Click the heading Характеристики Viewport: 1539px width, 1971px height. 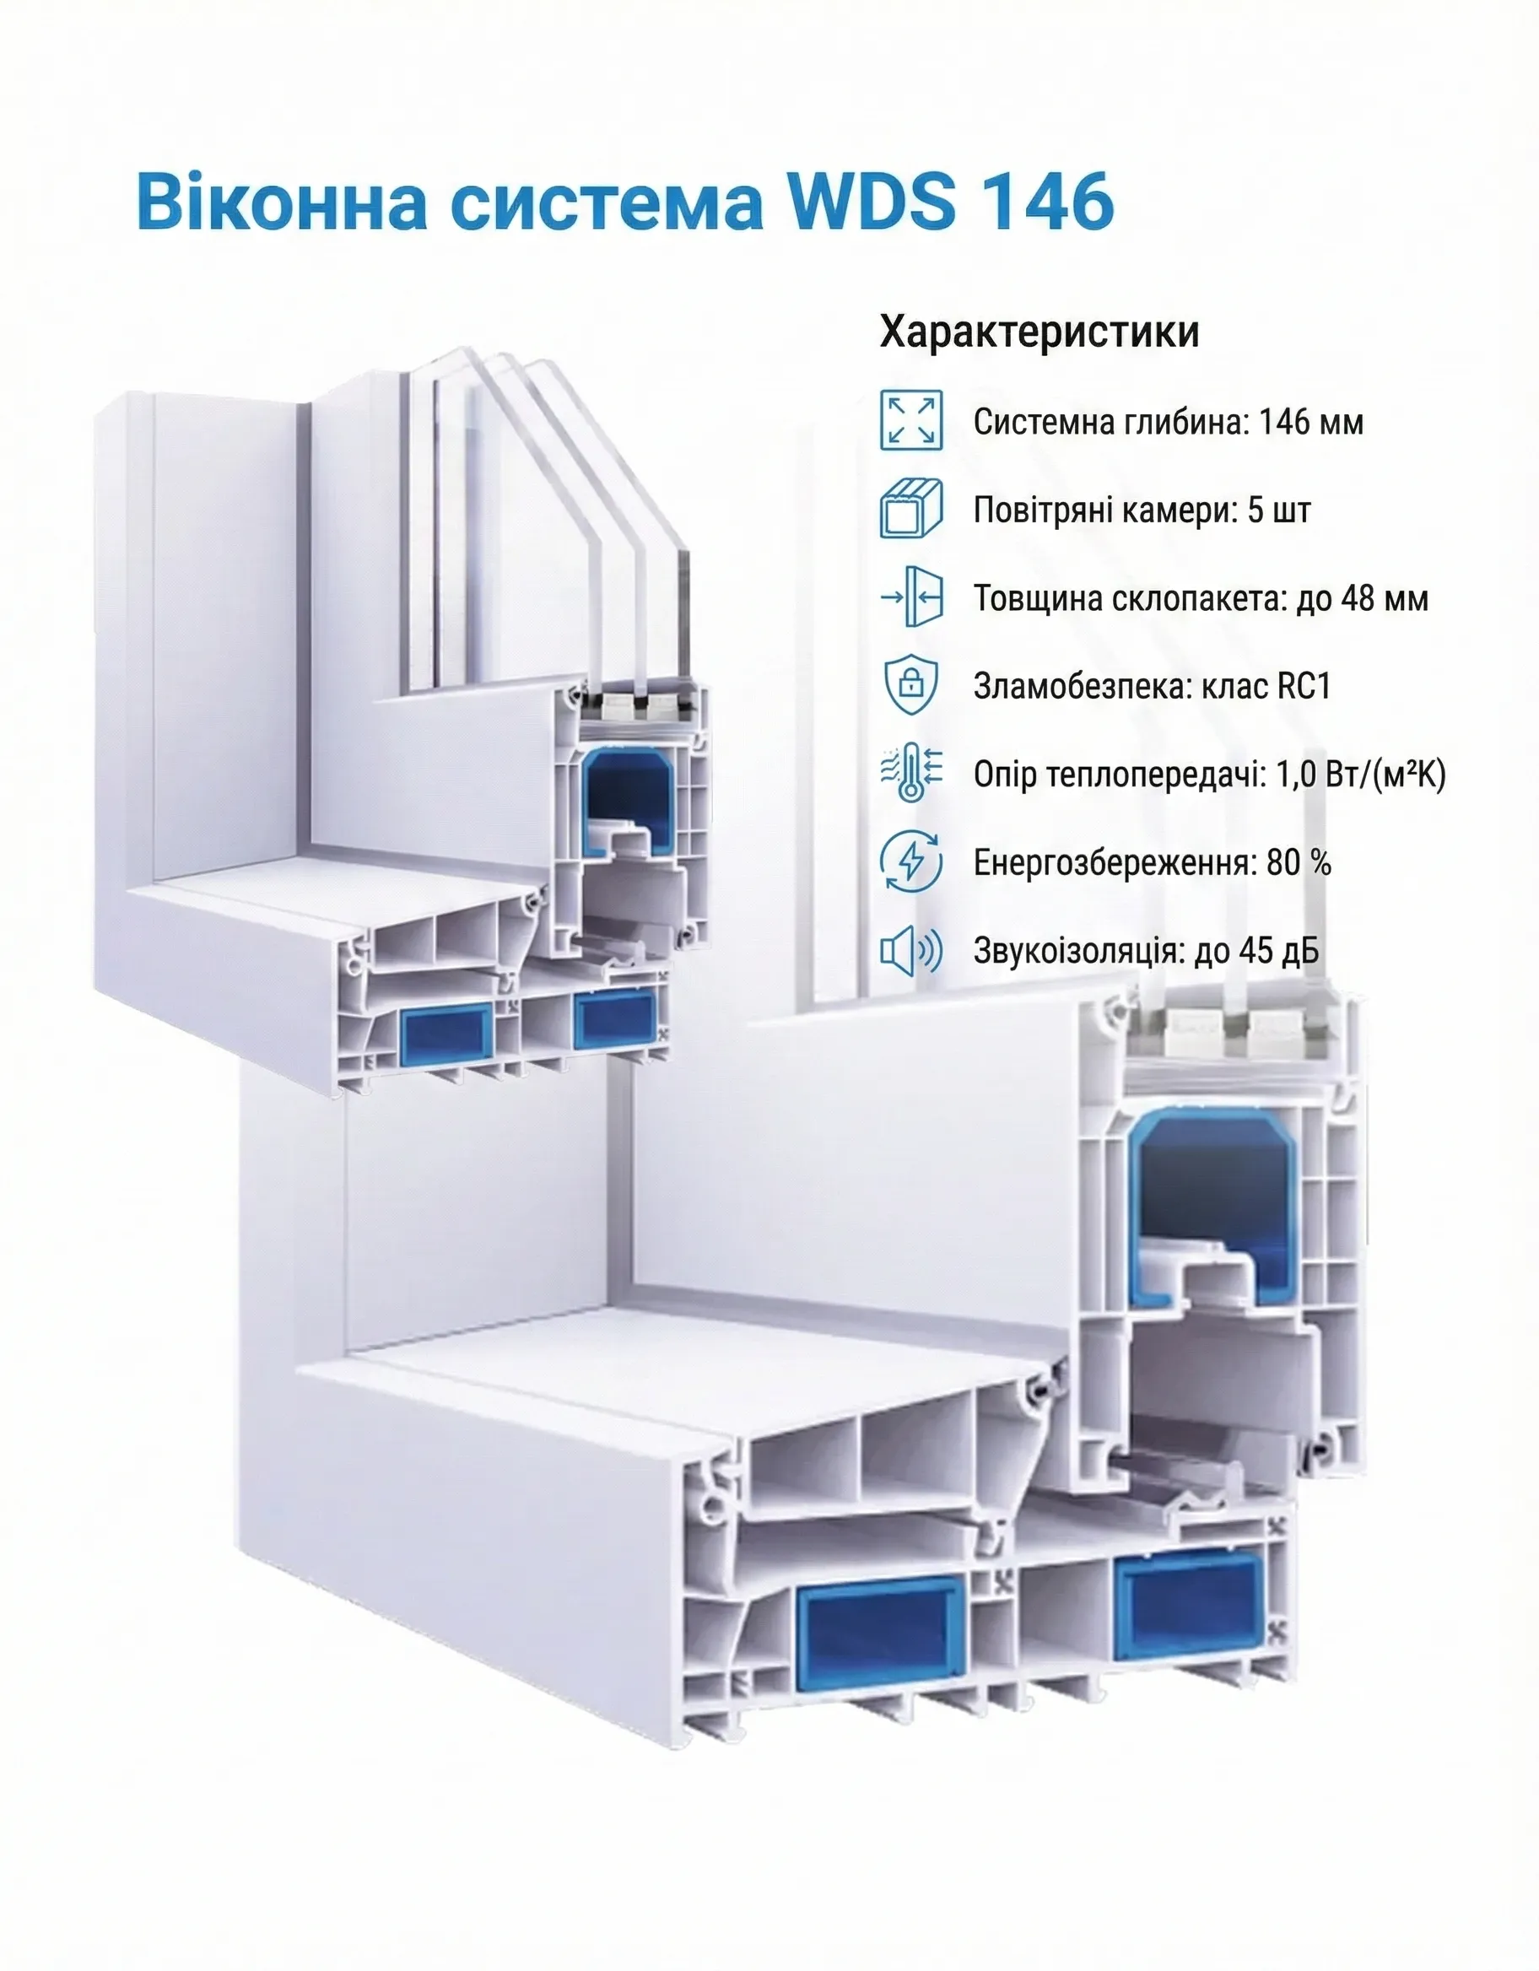[x=1039, y=332]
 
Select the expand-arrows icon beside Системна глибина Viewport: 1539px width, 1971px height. [x=910, y=420]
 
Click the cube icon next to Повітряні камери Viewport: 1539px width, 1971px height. [x=910, y=509]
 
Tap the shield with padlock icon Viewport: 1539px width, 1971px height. [x=910, y=686]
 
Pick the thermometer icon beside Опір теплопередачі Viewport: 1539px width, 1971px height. [x=910, y=774]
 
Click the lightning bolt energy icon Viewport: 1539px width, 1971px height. [x=910, y=861]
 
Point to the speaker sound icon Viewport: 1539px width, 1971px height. [x=910, y=950]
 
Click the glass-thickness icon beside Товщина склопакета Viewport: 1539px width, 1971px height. [x=910, y=597]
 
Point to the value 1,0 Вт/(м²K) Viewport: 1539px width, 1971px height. [x=1360, y=775]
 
